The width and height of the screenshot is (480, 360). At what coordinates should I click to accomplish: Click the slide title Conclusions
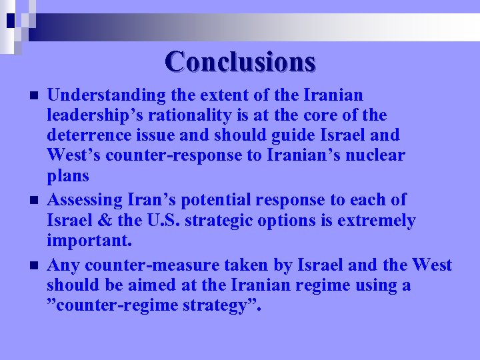tap(240, 61)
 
